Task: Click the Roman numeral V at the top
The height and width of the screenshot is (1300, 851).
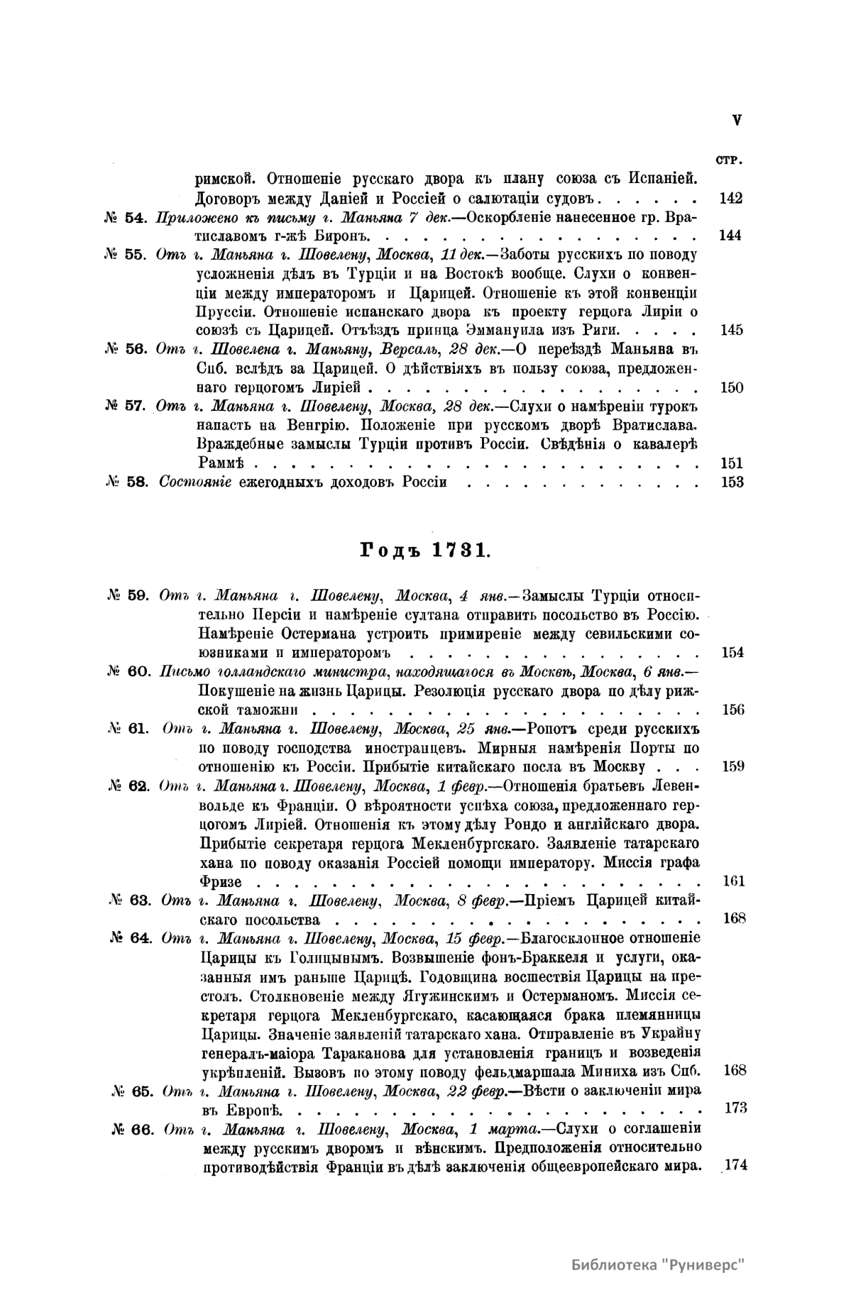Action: click(x=737, y=121)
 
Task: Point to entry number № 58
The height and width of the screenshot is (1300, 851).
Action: click(x=126, y=483)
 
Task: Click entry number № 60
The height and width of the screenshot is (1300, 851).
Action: click(x=127, y=671)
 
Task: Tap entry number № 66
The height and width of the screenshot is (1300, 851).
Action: click(x=133, y=1130)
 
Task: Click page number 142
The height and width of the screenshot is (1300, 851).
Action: click(x=730, y=198)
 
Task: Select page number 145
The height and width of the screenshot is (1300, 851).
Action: click(x=730, y=330)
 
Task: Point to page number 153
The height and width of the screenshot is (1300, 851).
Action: click(x=730, y=483)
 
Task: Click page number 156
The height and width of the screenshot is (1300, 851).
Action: click(x=732, y=710)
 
